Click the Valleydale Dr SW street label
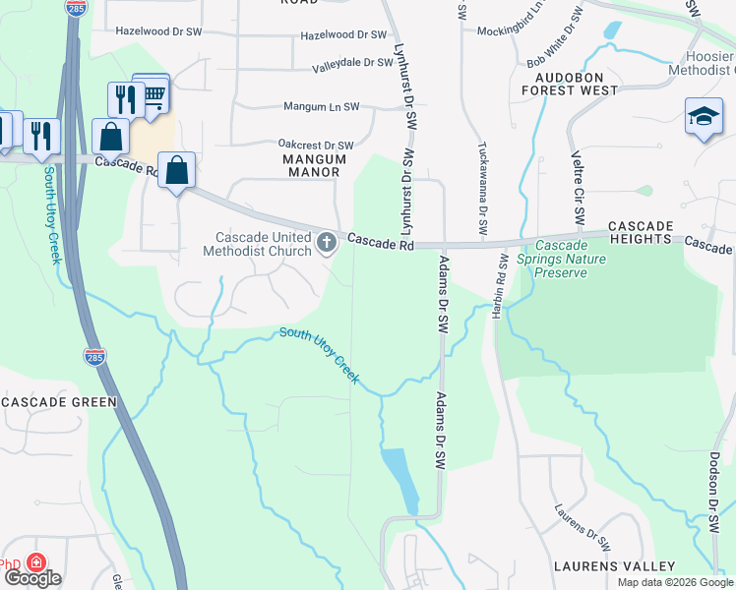pyautogui.click(x=353, y=64)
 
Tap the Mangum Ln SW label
pyautogui.click(x=322, y=106)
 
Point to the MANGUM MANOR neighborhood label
pyautogui.click(x=314, y=165)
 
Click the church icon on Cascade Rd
pyautogui.click(x=327, y=241)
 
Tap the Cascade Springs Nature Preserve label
pyautogui.click(x=570, y=259)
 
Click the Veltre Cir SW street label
pyautogui.click(x=579, y=187)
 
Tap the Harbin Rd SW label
pyautogui.click(x=502, y=286)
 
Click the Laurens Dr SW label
pyautogui.click(x=583, y=528)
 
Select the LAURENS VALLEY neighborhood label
pyautogui.click(x=614, y=566)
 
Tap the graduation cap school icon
pyautogui.click(x=704, y=116)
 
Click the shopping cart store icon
pyautogui.click(x=152, y=93)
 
